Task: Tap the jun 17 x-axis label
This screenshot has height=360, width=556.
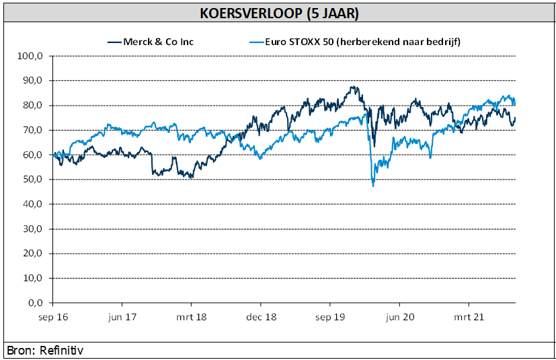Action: pos(122,316)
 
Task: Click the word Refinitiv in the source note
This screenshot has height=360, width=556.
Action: pos(61,351)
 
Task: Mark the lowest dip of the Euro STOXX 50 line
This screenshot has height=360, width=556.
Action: pos(373,186)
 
